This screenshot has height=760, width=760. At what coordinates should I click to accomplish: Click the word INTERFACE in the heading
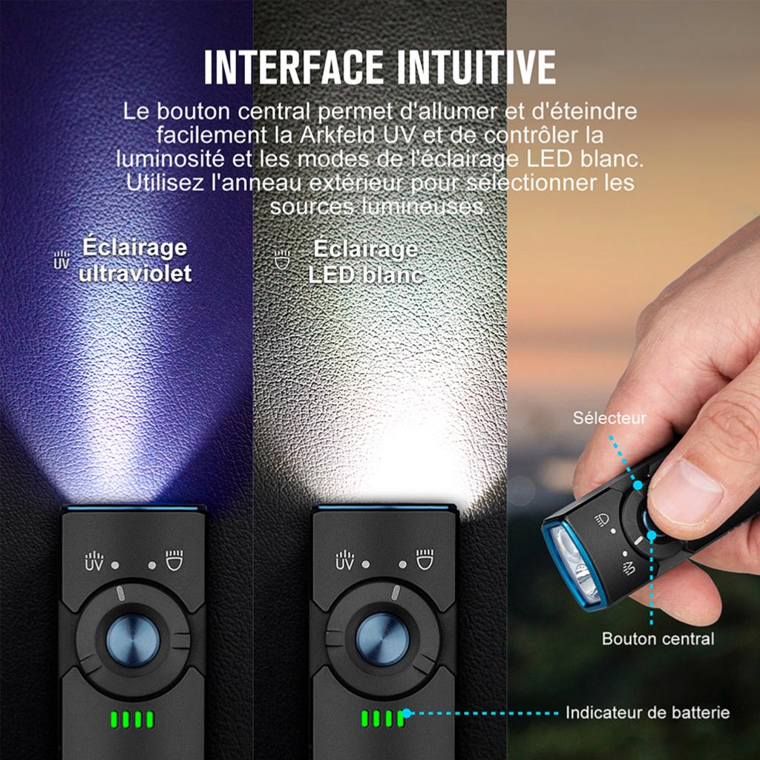[x=293, y=68]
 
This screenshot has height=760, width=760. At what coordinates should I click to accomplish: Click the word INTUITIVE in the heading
[x=476, y=68]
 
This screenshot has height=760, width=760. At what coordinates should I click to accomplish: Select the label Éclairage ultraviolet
[x=135, y=261]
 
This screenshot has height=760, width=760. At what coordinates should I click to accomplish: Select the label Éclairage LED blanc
[x=366, y=262]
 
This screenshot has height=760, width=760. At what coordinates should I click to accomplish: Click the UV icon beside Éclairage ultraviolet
[x=62, y=260]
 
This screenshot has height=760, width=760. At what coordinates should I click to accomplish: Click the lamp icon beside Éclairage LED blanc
[x=282, y=260]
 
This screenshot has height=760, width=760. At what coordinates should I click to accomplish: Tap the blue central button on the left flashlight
[x=133, y=641]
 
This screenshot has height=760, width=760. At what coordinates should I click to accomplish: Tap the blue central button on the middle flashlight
[x=382, y=639]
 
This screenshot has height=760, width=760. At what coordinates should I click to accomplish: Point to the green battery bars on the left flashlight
[x=132, y=719]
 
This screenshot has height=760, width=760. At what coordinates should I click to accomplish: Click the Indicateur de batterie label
[x=647, y=712]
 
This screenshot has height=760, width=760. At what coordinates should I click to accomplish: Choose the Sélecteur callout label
[x=609, y=418]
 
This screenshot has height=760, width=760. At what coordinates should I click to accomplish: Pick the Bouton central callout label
[x=658, y=638]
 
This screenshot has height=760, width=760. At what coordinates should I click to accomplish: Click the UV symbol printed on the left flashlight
[x=94, y=561]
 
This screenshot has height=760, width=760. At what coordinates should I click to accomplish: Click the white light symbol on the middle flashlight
[x=425, y=560]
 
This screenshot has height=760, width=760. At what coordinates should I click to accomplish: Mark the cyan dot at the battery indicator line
[x=407, y=713]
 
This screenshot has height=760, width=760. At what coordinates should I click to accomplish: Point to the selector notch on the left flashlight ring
[x=121, y=593]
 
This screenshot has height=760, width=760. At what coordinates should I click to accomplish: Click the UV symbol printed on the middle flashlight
[x=344, y=560]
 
